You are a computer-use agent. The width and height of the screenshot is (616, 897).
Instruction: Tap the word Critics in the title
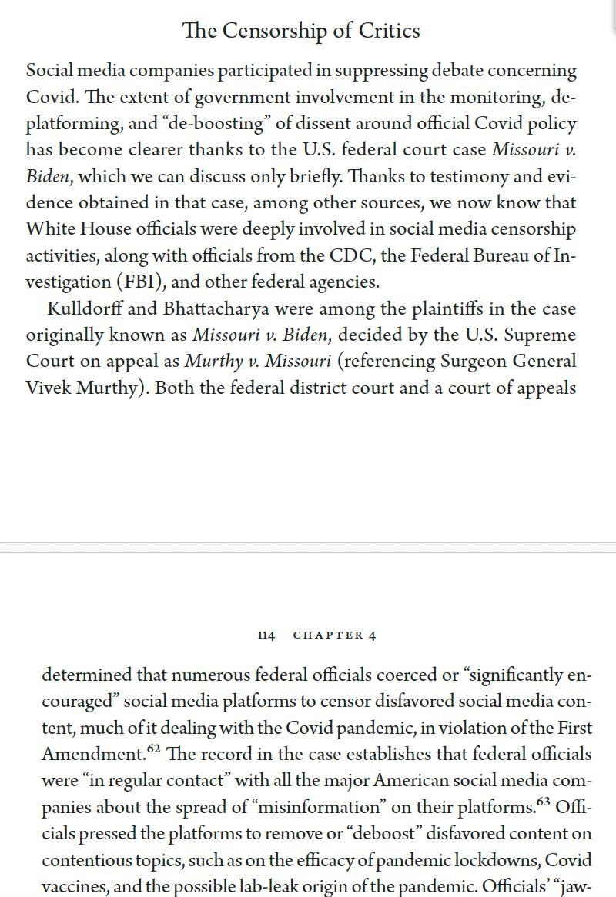click(392, 31)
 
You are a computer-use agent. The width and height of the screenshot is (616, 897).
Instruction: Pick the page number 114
click(266, 635)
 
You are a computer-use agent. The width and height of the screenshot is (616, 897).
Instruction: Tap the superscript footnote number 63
click(543, 802)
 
